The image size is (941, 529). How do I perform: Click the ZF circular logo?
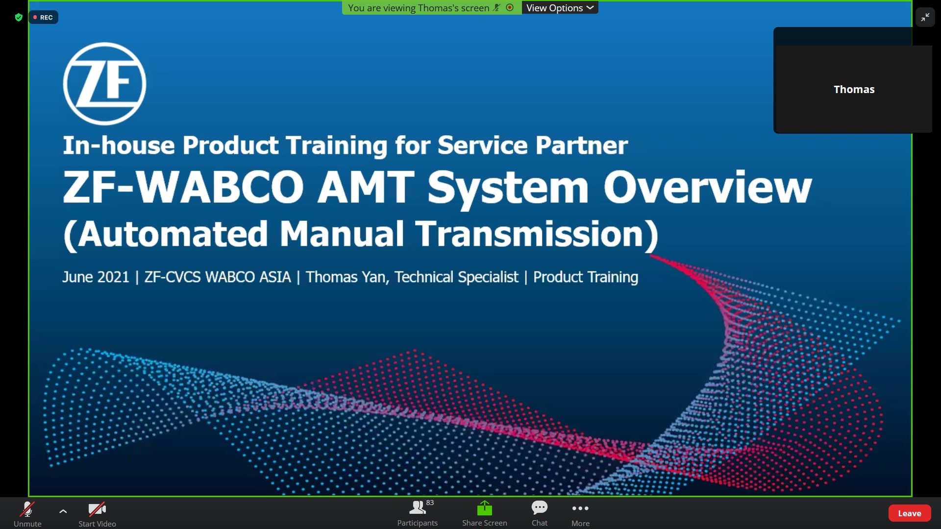[104, 84]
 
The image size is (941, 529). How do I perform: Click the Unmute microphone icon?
[27, 509]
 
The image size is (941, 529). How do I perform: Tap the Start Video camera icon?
[97, 509]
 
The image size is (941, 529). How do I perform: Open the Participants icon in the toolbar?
[418, 507]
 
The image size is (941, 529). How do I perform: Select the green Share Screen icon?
[485, 508]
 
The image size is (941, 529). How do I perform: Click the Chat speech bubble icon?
[540, 507]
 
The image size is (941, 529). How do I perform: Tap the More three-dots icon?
[580, 508]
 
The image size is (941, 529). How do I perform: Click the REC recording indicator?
[43, 18]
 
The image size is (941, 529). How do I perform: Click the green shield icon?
[19, 18]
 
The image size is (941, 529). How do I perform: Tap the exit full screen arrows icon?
[925, 18]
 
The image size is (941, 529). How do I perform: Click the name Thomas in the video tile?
[854, 89]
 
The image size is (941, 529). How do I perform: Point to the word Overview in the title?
[708, 187]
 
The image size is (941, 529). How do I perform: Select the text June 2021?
[96, 277]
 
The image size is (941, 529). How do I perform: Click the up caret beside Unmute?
[63, 511]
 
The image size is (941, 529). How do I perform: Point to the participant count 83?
[430, 503]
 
